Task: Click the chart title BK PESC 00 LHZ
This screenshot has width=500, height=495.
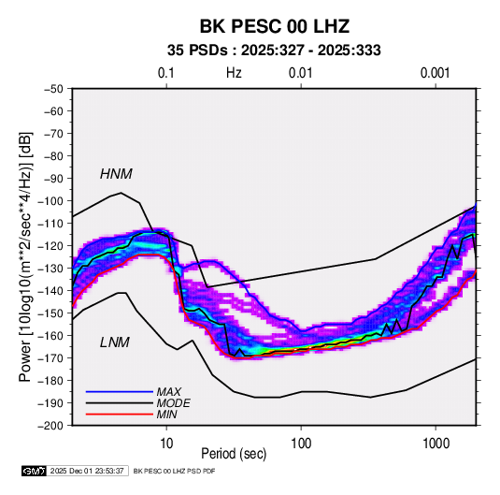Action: (274, 26)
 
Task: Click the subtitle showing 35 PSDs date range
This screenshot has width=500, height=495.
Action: (274, 51)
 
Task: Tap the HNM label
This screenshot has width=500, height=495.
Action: (116, 174)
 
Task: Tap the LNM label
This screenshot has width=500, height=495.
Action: (115, 342)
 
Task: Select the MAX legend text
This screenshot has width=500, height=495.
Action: (168, 391)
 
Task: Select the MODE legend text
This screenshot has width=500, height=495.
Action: (173, 403)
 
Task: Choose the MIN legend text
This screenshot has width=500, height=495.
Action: (166, 415)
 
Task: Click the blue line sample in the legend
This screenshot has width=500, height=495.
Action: (120, 391)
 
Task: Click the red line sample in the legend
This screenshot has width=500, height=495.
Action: (120, 415)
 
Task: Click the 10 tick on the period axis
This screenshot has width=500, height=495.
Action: (166, 444)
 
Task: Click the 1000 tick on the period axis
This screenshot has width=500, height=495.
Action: (436, 444)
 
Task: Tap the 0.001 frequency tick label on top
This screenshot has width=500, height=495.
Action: (435, 73)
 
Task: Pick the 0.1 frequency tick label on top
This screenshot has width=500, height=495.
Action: (166, 73)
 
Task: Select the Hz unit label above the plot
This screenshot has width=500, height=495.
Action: (234, 73)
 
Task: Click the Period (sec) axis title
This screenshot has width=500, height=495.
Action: (234, 454)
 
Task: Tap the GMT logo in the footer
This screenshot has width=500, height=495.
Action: (34, 471)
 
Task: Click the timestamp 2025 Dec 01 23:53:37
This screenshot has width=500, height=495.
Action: (87, 471)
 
